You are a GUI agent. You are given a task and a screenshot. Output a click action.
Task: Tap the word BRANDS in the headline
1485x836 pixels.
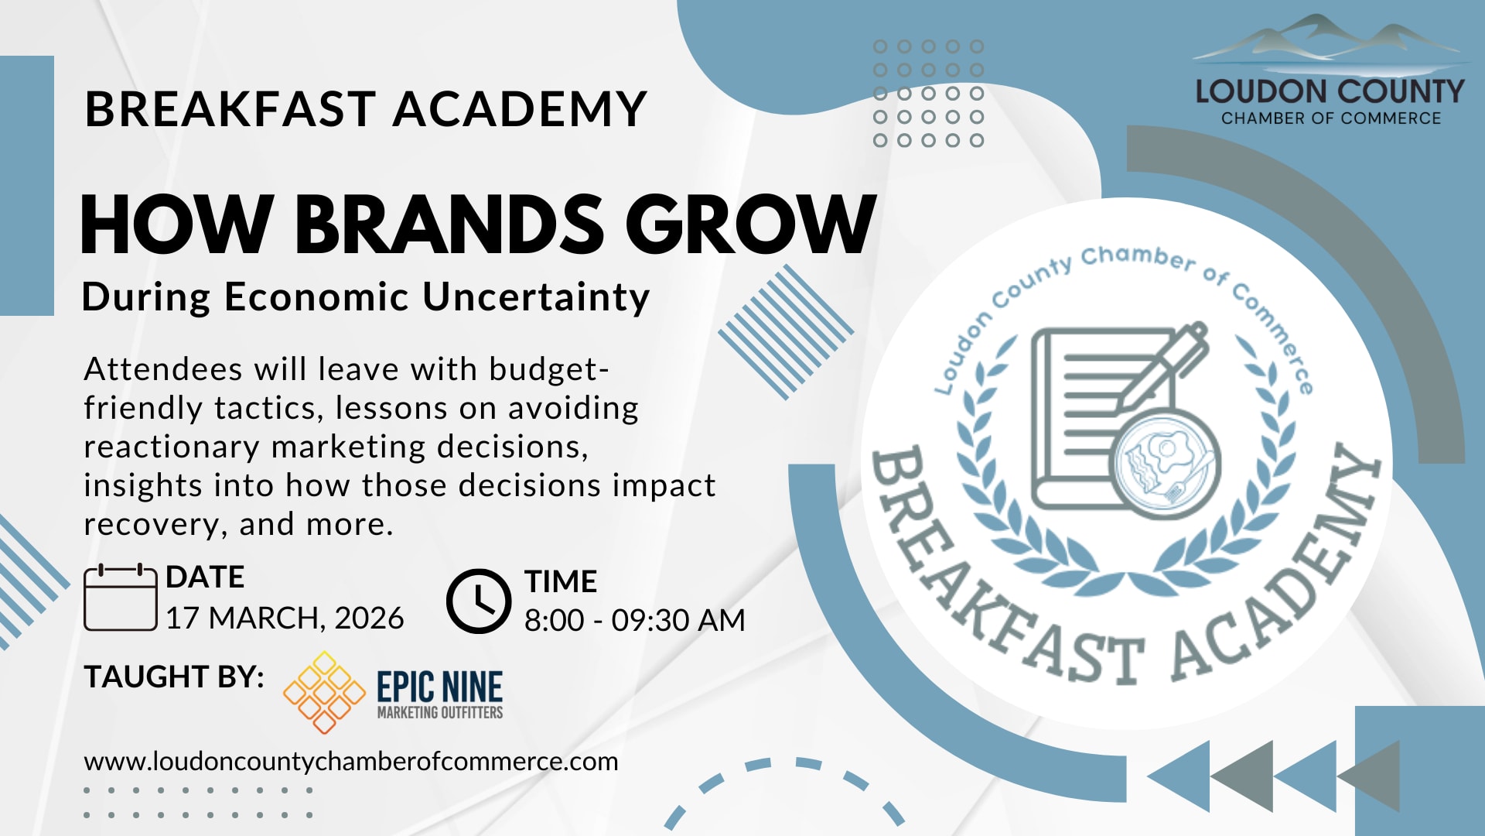449,224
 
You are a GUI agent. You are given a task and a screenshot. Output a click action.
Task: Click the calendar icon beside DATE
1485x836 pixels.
121,598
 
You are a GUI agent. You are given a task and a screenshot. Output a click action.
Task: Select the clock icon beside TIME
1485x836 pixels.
479,601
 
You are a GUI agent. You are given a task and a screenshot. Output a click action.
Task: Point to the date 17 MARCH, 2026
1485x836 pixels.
285,618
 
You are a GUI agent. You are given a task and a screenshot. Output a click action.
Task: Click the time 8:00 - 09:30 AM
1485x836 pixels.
635,620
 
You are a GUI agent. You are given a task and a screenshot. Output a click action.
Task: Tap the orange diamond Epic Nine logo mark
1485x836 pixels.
324,692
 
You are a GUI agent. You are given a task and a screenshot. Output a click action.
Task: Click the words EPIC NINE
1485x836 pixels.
440,687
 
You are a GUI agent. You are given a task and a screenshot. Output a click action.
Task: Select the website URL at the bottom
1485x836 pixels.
351,762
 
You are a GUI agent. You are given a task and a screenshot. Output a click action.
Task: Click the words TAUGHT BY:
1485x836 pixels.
174,677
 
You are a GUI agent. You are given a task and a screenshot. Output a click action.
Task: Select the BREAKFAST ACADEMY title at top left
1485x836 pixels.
366,108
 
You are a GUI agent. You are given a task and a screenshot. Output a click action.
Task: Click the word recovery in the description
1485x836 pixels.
152,526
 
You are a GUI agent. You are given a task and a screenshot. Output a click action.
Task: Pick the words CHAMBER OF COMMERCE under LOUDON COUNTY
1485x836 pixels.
1331,118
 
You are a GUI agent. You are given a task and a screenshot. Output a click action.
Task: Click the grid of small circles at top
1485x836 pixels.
928,94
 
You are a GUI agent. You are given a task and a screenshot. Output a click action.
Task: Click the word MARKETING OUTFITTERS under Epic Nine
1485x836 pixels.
440,712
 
